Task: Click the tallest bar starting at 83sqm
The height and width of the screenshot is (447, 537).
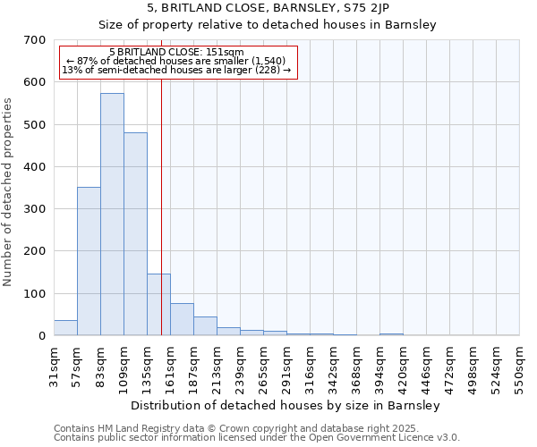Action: point(112,215)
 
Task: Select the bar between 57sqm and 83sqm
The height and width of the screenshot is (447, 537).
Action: point(89,261)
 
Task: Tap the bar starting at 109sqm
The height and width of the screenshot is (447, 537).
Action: point(135,234)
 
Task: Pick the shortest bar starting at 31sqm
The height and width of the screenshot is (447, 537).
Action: point(65,328)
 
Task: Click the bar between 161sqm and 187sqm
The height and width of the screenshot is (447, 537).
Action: point(182,319)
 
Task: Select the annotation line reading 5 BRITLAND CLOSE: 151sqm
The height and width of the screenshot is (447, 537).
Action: point(176,53)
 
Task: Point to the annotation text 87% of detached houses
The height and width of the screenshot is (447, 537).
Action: point(175,61)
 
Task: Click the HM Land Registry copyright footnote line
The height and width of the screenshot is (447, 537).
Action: point(255,428)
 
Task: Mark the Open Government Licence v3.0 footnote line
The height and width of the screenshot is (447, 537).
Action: point(257,438)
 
